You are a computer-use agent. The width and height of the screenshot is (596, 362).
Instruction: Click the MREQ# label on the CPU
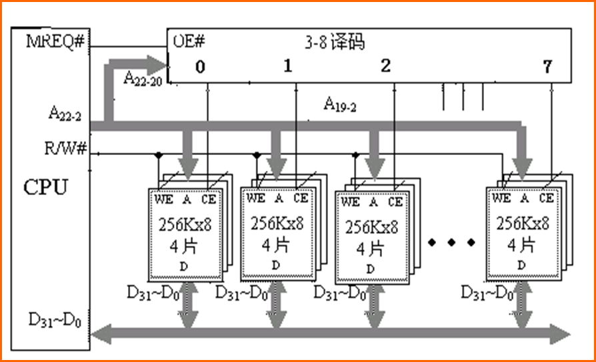pyautogui.click(x=55, y=41)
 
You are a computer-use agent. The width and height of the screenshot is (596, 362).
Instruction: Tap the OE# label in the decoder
pyautogui.click(x=189, y=41)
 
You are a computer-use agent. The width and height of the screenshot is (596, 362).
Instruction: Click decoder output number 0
pyautogui.click(x=201, y=67)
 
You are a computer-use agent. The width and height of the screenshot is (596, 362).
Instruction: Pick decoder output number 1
pyautogui.click(x=288, y=67)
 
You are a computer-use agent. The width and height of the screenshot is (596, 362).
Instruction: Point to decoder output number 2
pyautogui.click(x=385, y=67)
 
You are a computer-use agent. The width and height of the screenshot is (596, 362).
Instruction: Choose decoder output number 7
pyautogui.click(x=548, y=67)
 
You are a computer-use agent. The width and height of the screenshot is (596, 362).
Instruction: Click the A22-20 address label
pyautogui.click(x=143, y=78)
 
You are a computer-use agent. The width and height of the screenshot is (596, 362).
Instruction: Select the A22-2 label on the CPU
pyautogui.click(x=65, y=115)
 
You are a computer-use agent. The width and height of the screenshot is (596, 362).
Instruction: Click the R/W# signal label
pyautogui.click(x=66, y=146)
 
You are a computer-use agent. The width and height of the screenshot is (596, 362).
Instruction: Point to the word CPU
pyautogui.click(x=45, y=187)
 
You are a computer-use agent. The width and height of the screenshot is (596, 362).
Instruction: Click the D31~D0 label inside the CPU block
pyautogui.click(x=55, y=320)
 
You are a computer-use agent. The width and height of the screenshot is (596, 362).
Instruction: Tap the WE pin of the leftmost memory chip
pyautogui.click(x=163, y=198)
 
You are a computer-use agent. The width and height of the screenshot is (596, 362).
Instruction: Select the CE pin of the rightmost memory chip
pyautogui.click(x=547, y=198)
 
